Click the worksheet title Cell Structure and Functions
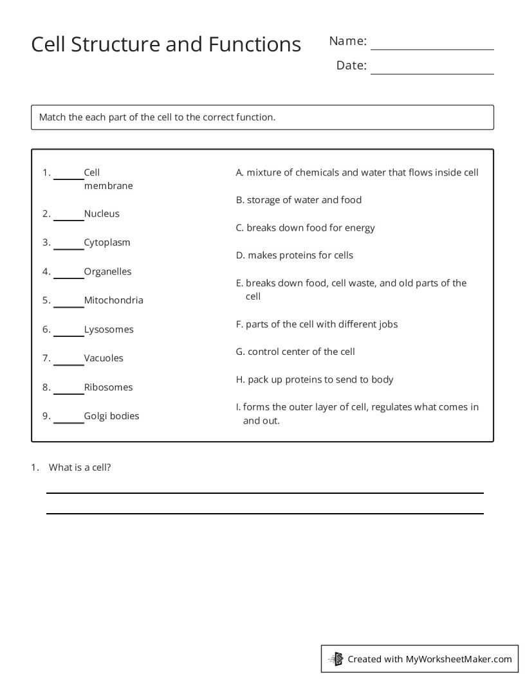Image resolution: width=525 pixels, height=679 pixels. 166,44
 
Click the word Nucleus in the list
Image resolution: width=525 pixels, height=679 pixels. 102,213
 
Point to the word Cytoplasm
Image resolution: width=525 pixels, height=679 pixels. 107,242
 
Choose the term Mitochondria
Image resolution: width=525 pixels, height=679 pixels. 113,300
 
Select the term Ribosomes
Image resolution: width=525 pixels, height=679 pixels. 108,387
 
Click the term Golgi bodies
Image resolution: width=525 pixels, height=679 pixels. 111,416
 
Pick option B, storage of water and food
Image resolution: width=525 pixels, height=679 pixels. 299,200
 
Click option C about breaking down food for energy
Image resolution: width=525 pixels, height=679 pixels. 305,228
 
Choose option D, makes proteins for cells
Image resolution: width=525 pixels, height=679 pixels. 294,255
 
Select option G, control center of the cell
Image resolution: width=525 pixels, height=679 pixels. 295,352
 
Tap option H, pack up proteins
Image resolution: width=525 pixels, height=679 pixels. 315,379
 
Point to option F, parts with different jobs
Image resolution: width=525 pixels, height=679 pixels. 317,324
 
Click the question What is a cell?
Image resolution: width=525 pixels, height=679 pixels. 80,467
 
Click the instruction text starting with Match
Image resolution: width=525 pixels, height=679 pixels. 157,117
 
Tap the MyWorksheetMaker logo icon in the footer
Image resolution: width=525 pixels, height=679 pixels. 336,658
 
